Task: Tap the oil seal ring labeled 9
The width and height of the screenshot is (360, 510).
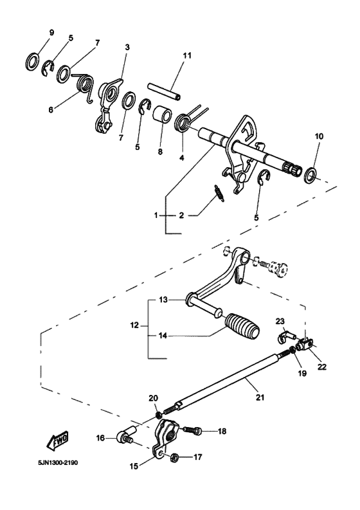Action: tap(30, 62)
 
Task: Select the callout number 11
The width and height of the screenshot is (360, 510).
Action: tap(186, 56)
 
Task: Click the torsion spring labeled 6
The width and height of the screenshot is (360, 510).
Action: tap(85, 86)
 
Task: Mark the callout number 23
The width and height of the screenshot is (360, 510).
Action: tap(280, 321)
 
